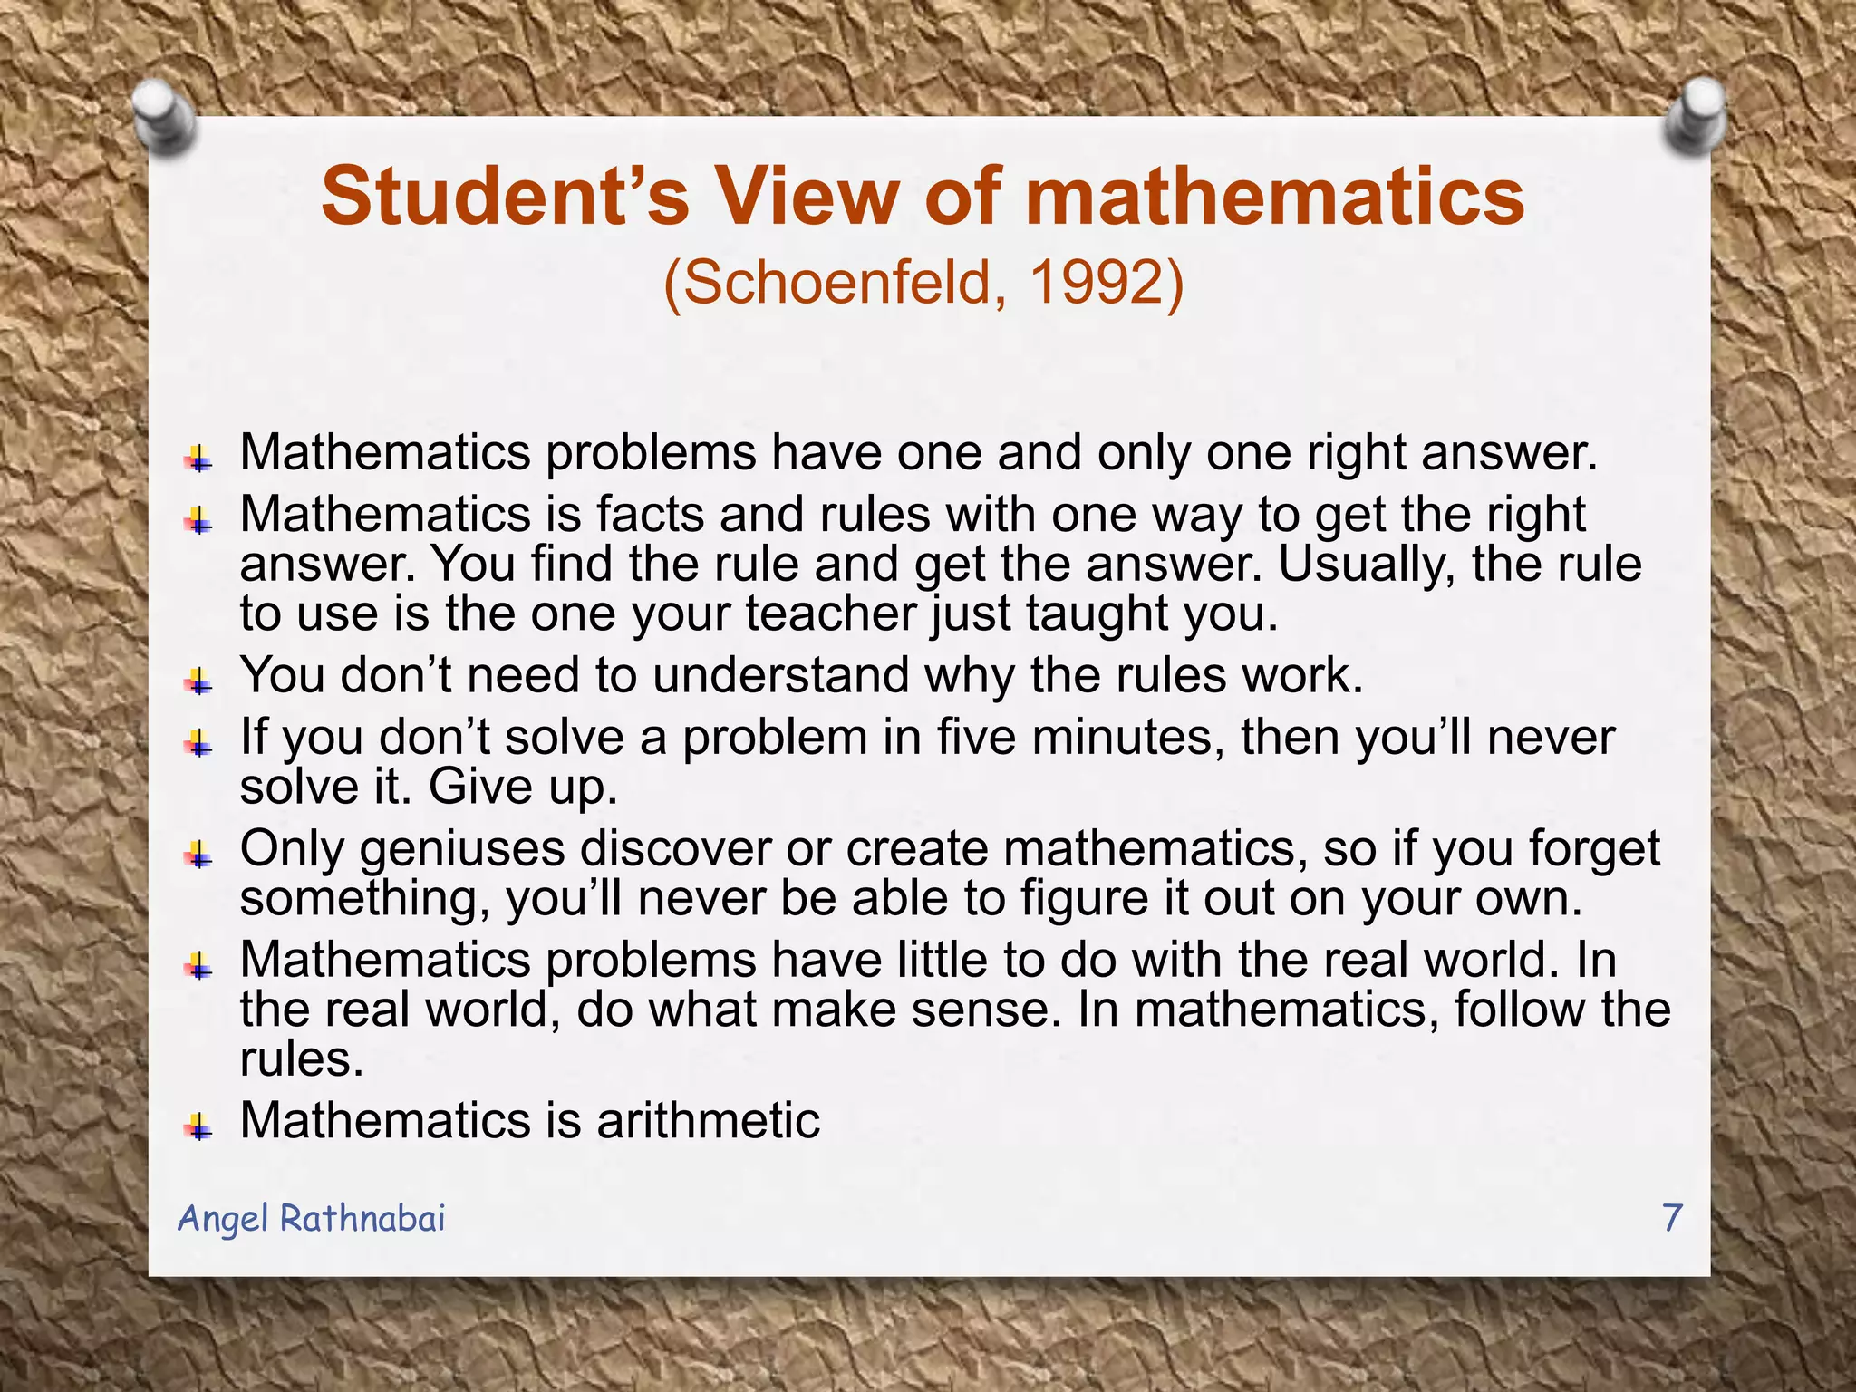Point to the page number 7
point(1672,1217)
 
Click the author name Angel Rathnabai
point(312,1218)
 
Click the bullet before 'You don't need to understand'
point(198,681)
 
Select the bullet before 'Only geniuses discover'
point(198,855)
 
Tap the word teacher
point(831,614)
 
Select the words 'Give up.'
point(523,786)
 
